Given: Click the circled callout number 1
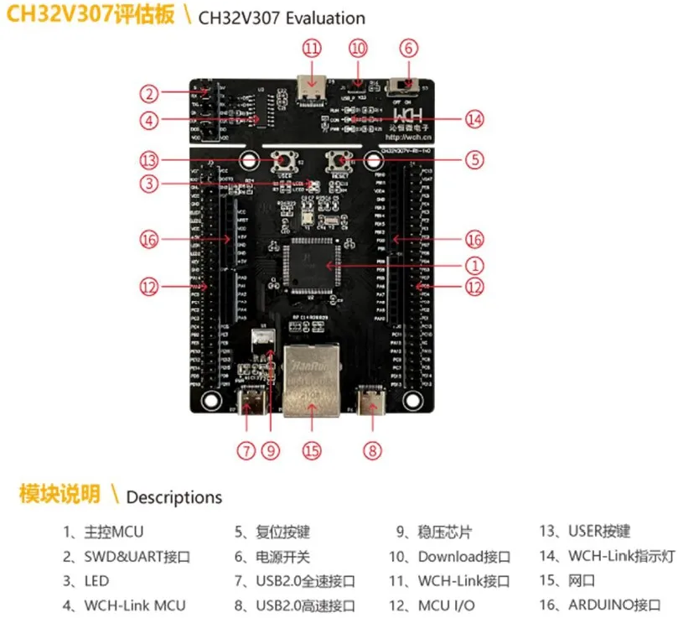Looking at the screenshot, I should (x=474, y=266).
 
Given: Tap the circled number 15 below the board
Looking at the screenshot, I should (x=312, y=450).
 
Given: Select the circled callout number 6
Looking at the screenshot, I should (x=408, y=48).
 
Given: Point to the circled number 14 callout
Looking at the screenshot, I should (x=474, y=119).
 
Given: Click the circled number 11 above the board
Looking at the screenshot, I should (x=312, y=48).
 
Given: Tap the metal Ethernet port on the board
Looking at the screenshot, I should (x=311, y=381).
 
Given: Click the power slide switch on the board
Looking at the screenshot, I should (x=407, y=85).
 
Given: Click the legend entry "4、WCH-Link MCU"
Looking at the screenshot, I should (x=124, y=605).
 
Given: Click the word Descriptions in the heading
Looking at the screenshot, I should (x=173, y=496).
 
